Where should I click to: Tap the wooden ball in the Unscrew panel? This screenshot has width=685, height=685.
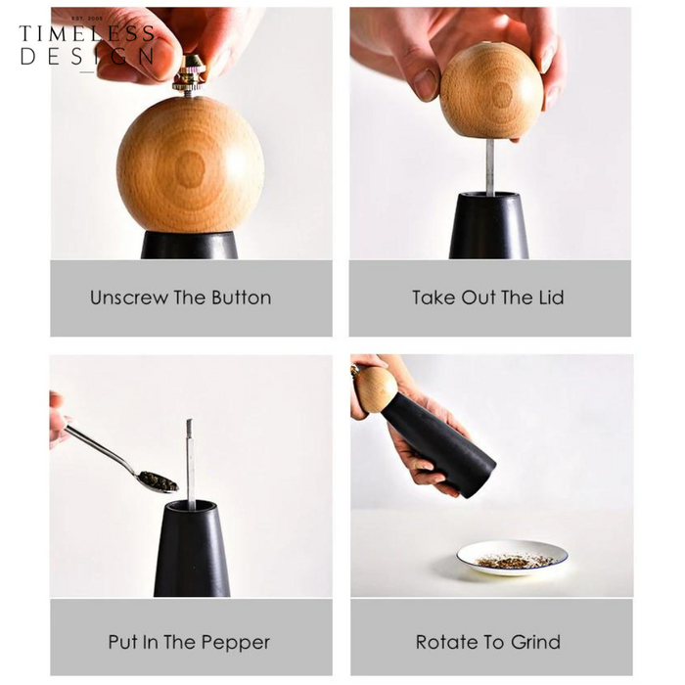tap(191, 164)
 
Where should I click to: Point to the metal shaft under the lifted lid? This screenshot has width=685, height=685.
tap(489, 167)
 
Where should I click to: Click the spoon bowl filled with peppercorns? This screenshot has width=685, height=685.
tap(159, 481)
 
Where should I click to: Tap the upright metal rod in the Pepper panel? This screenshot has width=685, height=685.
tap(190, 465)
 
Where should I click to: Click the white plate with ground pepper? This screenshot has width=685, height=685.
tap(512, 558)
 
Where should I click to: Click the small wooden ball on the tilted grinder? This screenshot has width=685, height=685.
tap(375, 389)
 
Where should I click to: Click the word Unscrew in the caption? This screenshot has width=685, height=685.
tap(129, 297)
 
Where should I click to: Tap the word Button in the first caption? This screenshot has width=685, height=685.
tap(242, 297)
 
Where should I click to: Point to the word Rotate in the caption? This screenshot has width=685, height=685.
tap(445, 642)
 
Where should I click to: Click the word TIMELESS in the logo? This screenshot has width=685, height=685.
tap(87, 33)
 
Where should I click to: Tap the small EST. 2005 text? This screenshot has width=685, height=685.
tap(87, 19)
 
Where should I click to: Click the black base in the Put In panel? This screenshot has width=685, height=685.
tap(192, 549)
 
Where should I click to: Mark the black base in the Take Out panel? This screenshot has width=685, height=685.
tap(489, 225)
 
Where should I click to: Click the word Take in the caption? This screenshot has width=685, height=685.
tap(434, 297)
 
